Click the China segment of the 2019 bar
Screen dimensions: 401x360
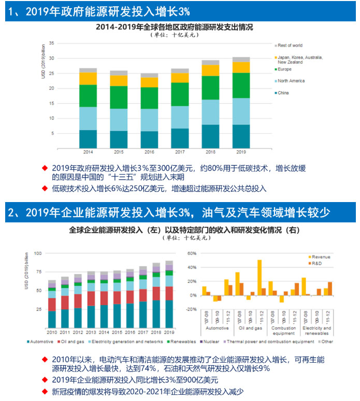click(x=241, y=136)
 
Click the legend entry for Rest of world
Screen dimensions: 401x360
click(x=290, y=46)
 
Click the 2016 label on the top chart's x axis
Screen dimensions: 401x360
click(x=149, y=152)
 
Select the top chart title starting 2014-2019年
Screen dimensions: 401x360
click(x=178, y=26)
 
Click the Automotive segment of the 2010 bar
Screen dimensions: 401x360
click(x=52, y=319)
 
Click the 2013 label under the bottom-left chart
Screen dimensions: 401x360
click(x=91, y=332)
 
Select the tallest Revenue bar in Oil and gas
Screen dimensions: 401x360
click(x=259, y=278)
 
